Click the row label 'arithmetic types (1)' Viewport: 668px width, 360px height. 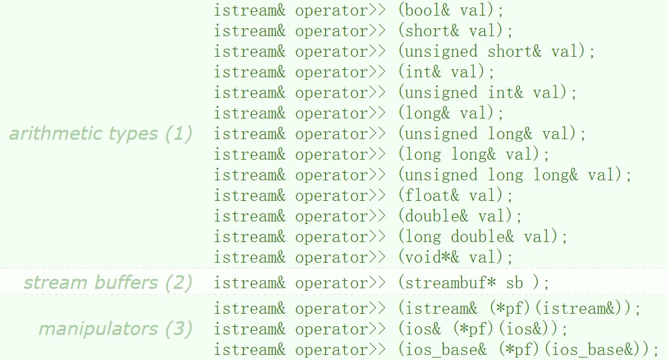[100, 134]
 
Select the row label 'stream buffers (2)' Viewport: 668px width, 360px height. [108, 283]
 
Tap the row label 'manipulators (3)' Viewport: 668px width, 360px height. [115, 329]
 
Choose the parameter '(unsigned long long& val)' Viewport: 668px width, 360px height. [515, 175]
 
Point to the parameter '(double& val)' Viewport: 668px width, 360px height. [460, 216]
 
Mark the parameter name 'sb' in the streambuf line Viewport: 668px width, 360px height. [515, 283]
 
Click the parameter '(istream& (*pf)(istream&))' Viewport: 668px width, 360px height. [520, 309]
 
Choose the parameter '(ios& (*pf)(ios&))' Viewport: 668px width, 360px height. [483, 329]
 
